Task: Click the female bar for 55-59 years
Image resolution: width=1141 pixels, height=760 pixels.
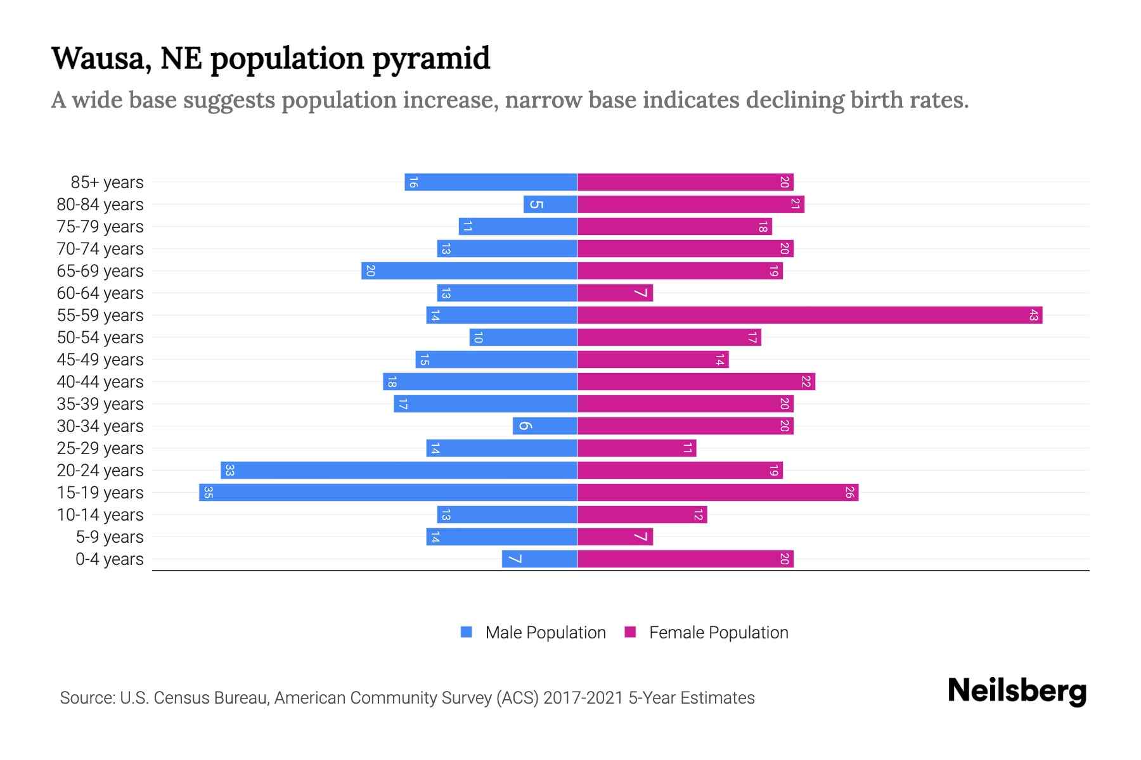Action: click(809, 315)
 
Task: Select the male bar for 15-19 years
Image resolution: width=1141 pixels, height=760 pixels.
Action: click(388, 492)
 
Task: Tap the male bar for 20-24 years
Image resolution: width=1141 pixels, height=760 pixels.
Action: click(399, 470)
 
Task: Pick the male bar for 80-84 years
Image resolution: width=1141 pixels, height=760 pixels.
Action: click(550, 204)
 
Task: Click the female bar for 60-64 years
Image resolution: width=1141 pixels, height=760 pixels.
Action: click(615, 293)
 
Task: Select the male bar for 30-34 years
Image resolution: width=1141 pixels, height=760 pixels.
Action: click(545, 426)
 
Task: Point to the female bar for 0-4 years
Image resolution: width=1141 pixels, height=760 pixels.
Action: click(685, 559)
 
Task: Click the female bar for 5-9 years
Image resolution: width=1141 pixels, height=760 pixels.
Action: click(615, 536)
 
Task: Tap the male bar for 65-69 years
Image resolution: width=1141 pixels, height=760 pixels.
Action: click(469, 270)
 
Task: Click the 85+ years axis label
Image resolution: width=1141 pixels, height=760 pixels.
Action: click(107, 182)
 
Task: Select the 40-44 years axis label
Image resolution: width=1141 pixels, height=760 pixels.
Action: click(100, 382)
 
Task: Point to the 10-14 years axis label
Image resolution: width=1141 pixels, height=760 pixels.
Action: click(100, 515)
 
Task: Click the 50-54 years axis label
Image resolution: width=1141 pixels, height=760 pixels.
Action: click(100, 338)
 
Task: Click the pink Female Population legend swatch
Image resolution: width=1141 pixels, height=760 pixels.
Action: click(630, 632)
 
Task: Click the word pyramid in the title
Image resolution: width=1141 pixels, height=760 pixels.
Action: click(431, 58)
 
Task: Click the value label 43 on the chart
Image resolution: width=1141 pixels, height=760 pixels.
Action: click(1033, 315)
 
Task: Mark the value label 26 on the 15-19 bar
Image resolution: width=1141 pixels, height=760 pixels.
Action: click(849, 492)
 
